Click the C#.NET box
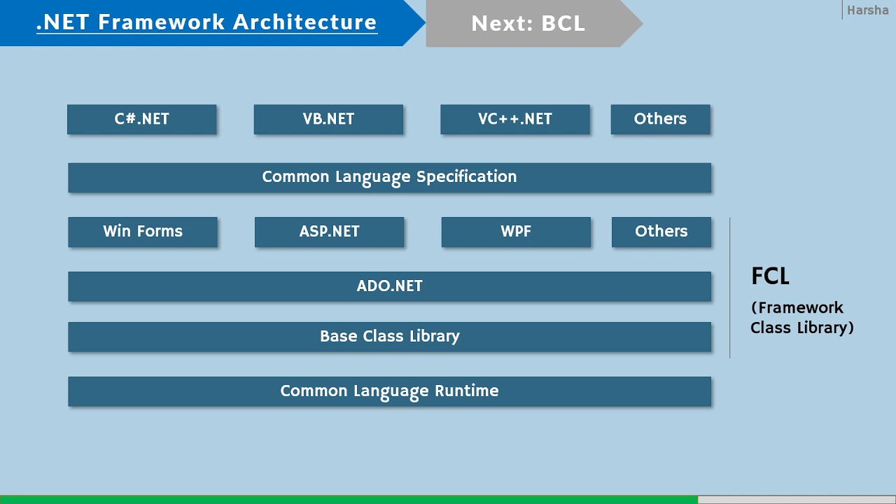pyautogui.click(x=141, y=119)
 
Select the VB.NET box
pyautogui.click(x=328, y=119)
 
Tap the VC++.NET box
pyautogui.click(x=515, y=119)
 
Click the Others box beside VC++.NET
pyautogui.click(x=660, y=119)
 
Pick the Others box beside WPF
pyautogui.click(x=661, y=232)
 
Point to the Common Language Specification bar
pyautogui.click(x=389, y=177)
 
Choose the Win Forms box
pyautogui.click(x=143, y=232)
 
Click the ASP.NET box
pyautogui.click(x=329, y=232)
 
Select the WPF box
pyautogui.click(x=516, y=232)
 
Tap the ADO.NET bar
pyautogui.click(x=389, y=286)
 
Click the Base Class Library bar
pyautogui.click(x=389, y=337)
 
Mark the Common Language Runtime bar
pyautogui.click(x=389, y=391)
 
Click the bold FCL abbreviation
pyautogui.click(x=770, y=276)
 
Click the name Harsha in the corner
pyautogui.click(x=867, y=10)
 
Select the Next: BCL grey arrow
pyautogui.click(x=528, y=23)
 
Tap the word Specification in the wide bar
pyautogui.click(x=466, y=177)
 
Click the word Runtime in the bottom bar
pyautogui.click(x=467, y=391)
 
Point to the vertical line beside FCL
pyautogui.click(x=729, y=288)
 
